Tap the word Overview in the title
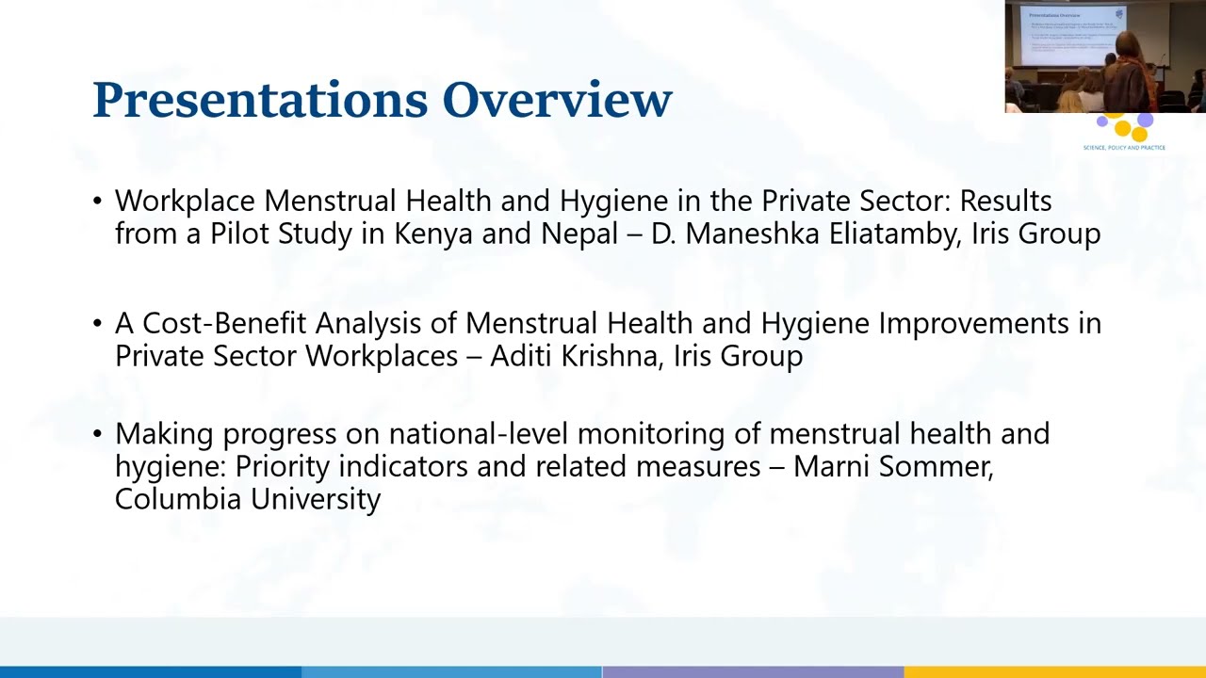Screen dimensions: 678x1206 click(x=557, y=100)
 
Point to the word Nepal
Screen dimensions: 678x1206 click(x=579, y=234)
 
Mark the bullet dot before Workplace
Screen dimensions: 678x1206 click(x=98, y=202)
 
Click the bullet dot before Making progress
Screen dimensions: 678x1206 click(x=98, y=434)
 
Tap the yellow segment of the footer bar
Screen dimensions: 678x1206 click(x=1054, y=671)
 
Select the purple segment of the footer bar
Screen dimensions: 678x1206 click(x=753, y=671)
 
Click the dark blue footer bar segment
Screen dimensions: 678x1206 click(x=151, y=671)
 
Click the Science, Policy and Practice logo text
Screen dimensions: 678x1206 click(x=1124, y=148)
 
